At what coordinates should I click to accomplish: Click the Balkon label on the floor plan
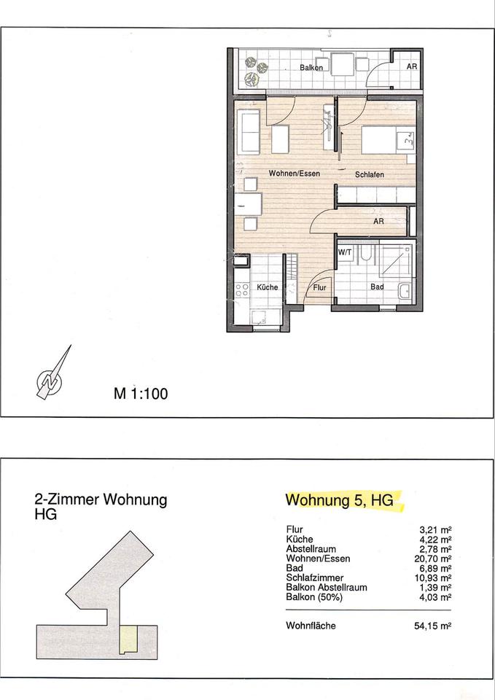(311, 68)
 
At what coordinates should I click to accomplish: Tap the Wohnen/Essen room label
(294, 174)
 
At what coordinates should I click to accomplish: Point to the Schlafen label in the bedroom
(370, 174)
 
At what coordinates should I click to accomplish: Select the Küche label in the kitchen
(268, 287)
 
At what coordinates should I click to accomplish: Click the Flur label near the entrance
(319, 288)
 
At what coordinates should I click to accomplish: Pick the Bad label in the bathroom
(377, 287)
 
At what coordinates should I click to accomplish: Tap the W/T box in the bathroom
(345, 252)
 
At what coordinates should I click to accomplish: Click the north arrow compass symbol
(52, 373)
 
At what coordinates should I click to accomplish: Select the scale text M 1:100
(141, 393)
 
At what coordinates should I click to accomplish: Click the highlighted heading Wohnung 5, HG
(340, 499)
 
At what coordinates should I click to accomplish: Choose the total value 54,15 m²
(433, 626)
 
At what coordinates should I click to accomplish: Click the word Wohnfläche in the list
(311, 626)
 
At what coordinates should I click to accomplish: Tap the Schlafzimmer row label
(315, 577)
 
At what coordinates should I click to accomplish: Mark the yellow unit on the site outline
(128, 639)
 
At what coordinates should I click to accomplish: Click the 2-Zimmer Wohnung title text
(101, 499)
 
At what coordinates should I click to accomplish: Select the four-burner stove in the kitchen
(242, 289)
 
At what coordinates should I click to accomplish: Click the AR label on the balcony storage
(412, 66)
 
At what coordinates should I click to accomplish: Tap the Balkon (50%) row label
(314, 597)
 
